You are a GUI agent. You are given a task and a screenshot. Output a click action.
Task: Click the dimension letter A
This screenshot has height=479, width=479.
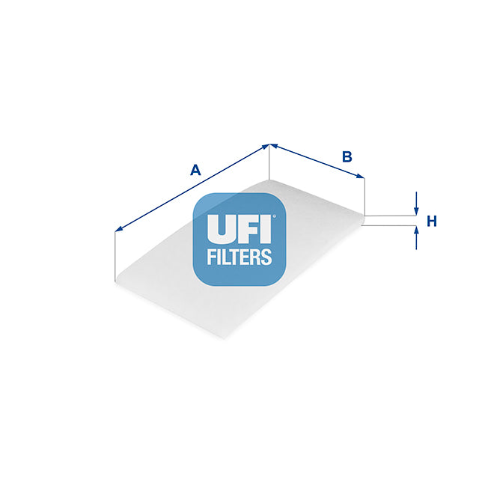pyautogui.click(x=195, y=170)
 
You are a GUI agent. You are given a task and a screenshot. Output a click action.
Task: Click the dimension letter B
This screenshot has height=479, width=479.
pyautogui.click(x=347, y=156)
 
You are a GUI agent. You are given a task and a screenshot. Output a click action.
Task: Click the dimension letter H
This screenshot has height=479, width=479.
pyautogui.click(x=432, y=222)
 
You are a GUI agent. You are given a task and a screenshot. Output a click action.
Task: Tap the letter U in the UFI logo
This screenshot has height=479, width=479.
pyautogui.click(x=222, y=229)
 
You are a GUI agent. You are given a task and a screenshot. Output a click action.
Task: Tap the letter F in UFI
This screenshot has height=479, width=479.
pyautogui.click(x=248, y=229)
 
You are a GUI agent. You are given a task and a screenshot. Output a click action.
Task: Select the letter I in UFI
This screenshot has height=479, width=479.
pyautogui.click(x=266, y=229)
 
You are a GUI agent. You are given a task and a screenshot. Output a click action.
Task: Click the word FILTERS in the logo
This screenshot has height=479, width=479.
pyautogui.click(x=239, y=257)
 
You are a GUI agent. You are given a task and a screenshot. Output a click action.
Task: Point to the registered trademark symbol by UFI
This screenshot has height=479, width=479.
pyautogui.click(x=274, y=216)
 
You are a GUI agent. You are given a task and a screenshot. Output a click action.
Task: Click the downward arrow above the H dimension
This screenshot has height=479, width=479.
pyautogui.click(x=416, y=203)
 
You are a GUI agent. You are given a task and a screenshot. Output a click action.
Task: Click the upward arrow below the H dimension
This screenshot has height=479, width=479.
pyautogui.click(x=416, y=238)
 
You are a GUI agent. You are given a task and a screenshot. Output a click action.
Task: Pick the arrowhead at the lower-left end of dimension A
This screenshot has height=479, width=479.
pyautogui.click(x=119, y=229)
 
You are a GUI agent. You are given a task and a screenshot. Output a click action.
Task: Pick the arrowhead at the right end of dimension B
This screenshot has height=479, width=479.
pyautogui.click(x=360, y=176)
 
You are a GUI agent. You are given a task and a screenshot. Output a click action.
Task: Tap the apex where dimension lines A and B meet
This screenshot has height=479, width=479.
pyautogui.click(x=269, y=144)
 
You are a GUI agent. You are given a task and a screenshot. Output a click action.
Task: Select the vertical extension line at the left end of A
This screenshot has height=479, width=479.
pyautogui.click(x=115, y=256)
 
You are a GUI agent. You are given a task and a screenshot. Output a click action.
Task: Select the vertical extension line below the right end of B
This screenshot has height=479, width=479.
pyautogui.click(x=364, y=197)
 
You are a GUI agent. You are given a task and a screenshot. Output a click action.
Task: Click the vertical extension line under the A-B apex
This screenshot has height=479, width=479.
pyautogui.click(x=269, y=162)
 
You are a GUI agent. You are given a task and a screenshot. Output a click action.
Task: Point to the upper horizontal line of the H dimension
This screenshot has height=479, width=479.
pyautogui.click(x=391, y=216)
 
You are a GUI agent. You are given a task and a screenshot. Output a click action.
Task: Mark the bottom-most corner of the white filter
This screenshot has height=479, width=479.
pyautogui.click(x=225, y=339)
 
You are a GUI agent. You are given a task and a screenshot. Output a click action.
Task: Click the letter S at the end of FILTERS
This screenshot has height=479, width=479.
pyautogui.click(x=266, y=257)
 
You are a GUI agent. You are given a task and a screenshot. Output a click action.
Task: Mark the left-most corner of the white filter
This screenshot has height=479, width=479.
pyautogui.click(x=116, y=281)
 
